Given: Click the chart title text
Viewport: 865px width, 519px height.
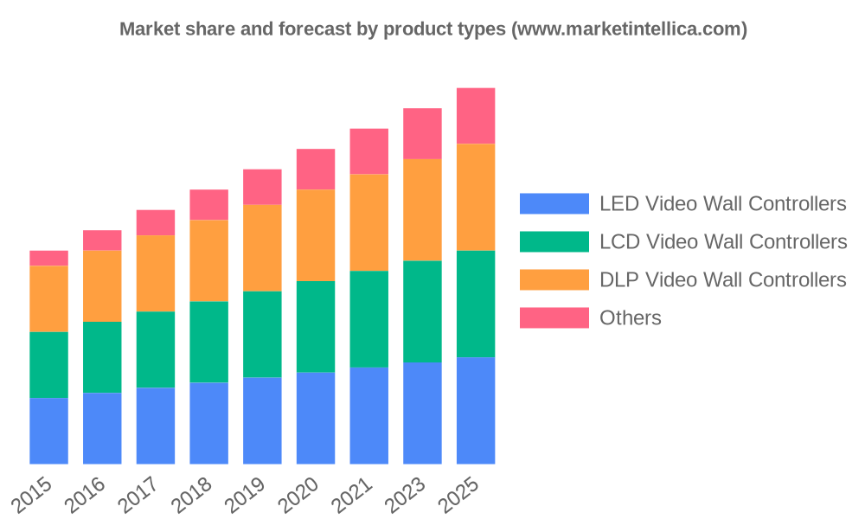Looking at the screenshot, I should point(432,29).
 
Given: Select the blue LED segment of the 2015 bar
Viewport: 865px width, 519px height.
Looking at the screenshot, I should point(48,431).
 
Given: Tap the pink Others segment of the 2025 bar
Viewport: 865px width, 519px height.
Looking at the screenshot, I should point(476,115).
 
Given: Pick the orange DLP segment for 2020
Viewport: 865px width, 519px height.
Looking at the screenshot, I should point(316,235).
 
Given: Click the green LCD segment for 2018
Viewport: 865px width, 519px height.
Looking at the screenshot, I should point(208,342).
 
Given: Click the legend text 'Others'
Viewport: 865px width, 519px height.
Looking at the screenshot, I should point(631,318).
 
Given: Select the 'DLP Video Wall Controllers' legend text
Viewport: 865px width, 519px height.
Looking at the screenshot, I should point(722,280).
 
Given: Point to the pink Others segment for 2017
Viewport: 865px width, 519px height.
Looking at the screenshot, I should point(156,222).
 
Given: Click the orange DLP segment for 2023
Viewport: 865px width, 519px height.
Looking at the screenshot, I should point(422,209).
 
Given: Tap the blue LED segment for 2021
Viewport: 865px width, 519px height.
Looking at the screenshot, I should point(368,416).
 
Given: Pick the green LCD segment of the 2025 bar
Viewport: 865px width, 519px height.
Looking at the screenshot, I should point(476,304).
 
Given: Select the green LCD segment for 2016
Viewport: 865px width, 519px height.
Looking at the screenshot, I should point(102,357).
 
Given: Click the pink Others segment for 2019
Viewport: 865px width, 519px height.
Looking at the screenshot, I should point(262,187).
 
